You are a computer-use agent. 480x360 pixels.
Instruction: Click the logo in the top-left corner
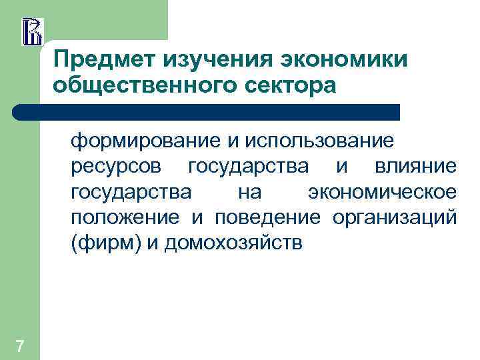32,31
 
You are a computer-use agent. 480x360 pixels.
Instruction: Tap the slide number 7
21,345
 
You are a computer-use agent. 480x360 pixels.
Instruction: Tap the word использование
318,141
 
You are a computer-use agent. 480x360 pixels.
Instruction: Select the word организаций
394,217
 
